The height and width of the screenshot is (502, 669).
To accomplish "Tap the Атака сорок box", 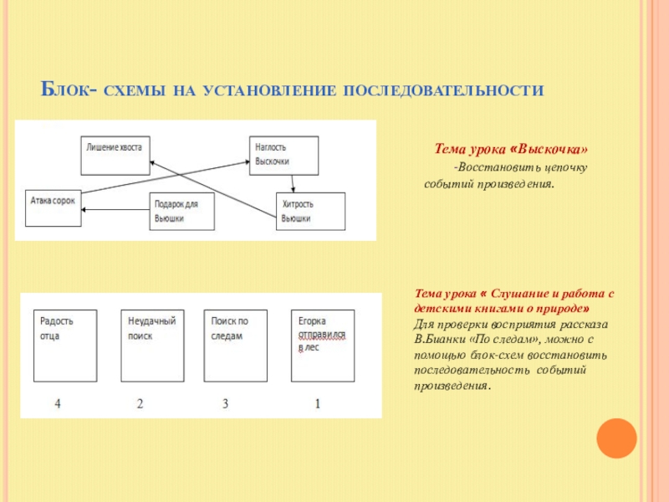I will coord(54,207).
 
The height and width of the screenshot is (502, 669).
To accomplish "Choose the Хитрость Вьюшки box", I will coord(310,211).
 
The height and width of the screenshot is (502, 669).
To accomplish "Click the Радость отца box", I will coord(65,345).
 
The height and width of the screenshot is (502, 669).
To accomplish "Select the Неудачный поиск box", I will coord(151,345).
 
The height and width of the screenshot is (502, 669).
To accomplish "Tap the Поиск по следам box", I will coord(236,345).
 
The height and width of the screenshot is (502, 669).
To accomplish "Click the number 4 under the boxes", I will coord(58,404).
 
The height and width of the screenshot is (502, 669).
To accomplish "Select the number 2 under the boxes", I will coord(140,404).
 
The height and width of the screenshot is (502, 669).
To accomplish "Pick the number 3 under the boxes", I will coord(225,404).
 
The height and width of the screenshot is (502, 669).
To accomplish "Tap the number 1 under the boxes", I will coord(317,404).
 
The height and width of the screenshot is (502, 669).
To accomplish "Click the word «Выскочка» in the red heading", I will coord(552,150).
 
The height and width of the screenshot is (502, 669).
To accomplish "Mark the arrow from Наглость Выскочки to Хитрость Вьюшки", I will coord(291,182).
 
